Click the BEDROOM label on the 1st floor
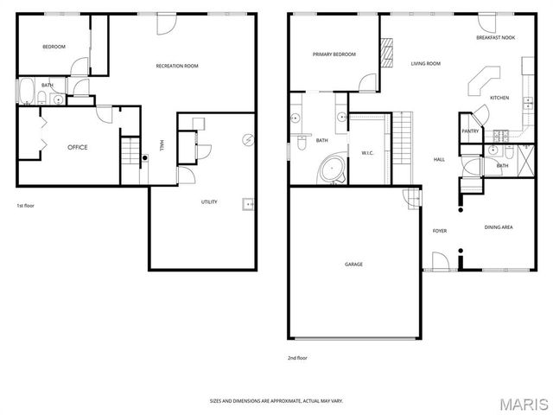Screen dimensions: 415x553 coord(54,47)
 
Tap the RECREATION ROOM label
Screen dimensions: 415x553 coord(177,67)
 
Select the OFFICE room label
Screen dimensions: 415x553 coord(78,147)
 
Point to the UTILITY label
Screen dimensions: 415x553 coord(209,202)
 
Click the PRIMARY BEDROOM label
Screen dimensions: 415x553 coord(334,54)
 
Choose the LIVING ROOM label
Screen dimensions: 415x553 coord(425,63)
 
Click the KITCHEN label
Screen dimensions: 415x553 coord(500,98)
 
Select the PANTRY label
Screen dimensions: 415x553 coord(470,131)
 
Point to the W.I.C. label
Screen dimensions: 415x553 coord(366,153)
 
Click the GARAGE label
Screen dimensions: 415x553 coord(353,265)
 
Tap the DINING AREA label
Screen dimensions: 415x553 coord(499,227)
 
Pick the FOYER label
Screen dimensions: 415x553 coord(440,231)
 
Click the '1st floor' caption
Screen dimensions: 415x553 coord(26,206)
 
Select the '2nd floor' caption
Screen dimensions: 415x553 coord(297,357)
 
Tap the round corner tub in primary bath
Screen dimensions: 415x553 coord(333,169)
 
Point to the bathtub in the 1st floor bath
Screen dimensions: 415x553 coord(26,92)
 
